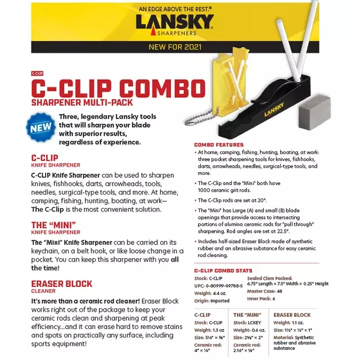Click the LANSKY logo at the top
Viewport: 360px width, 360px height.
(x=174, y=23)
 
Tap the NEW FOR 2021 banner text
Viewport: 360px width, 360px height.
(x=175, y=47)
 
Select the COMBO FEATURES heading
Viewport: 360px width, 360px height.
(x=219, y=145)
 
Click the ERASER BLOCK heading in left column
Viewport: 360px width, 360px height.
(x=61, y=284)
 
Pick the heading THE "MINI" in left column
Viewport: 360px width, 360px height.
(x=55, y=226)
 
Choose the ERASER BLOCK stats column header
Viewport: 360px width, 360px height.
(x=292, y=315)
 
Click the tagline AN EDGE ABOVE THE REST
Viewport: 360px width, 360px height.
(x=175, y=9)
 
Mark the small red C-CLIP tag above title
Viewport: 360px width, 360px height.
(x=37, y=74)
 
